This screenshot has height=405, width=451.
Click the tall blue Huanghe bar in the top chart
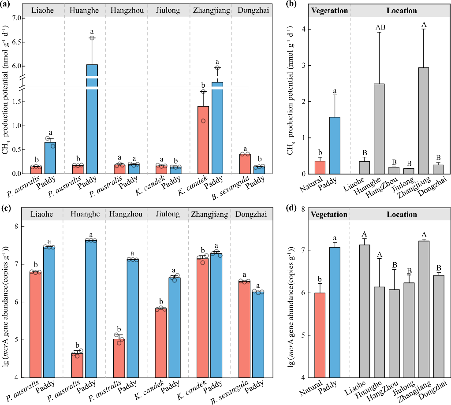click(92, 119)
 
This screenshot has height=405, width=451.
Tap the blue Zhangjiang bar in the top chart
click(217, 128)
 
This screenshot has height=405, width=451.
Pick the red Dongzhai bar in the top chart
click(245, 164)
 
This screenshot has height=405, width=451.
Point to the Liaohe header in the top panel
click(43, 10)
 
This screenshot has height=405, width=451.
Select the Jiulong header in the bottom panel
click(168, 214)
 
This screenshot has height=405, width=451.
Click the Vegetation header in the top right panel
click(329, 11)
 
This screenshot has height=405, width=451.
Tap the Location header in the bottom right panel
click(402, 215)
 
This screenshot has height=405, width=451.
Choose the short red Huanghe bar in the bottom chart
click(77, 366)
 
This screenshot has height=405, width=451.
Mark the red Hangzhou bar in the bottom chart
click(119, 358)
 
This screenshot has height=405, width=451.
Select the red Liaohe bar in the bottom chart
click(36, 325)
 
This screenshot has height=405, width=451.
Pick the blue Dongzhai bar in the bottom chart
click(258, 335)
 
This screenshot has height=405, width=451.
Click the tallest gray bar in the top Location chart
click(423, 121)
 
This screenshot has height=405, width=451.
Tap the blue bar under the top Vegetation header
click(335, 145)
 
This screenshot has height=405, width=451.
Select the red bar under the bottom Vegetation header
click(320, 335)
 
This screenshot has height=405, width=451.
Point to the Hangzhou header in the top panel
click(127, 10)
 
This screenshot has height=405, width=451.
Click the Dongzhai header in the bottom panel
click(251, 214)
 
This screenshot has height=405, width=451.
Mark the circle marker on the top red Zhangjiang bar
click(203, 121)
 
